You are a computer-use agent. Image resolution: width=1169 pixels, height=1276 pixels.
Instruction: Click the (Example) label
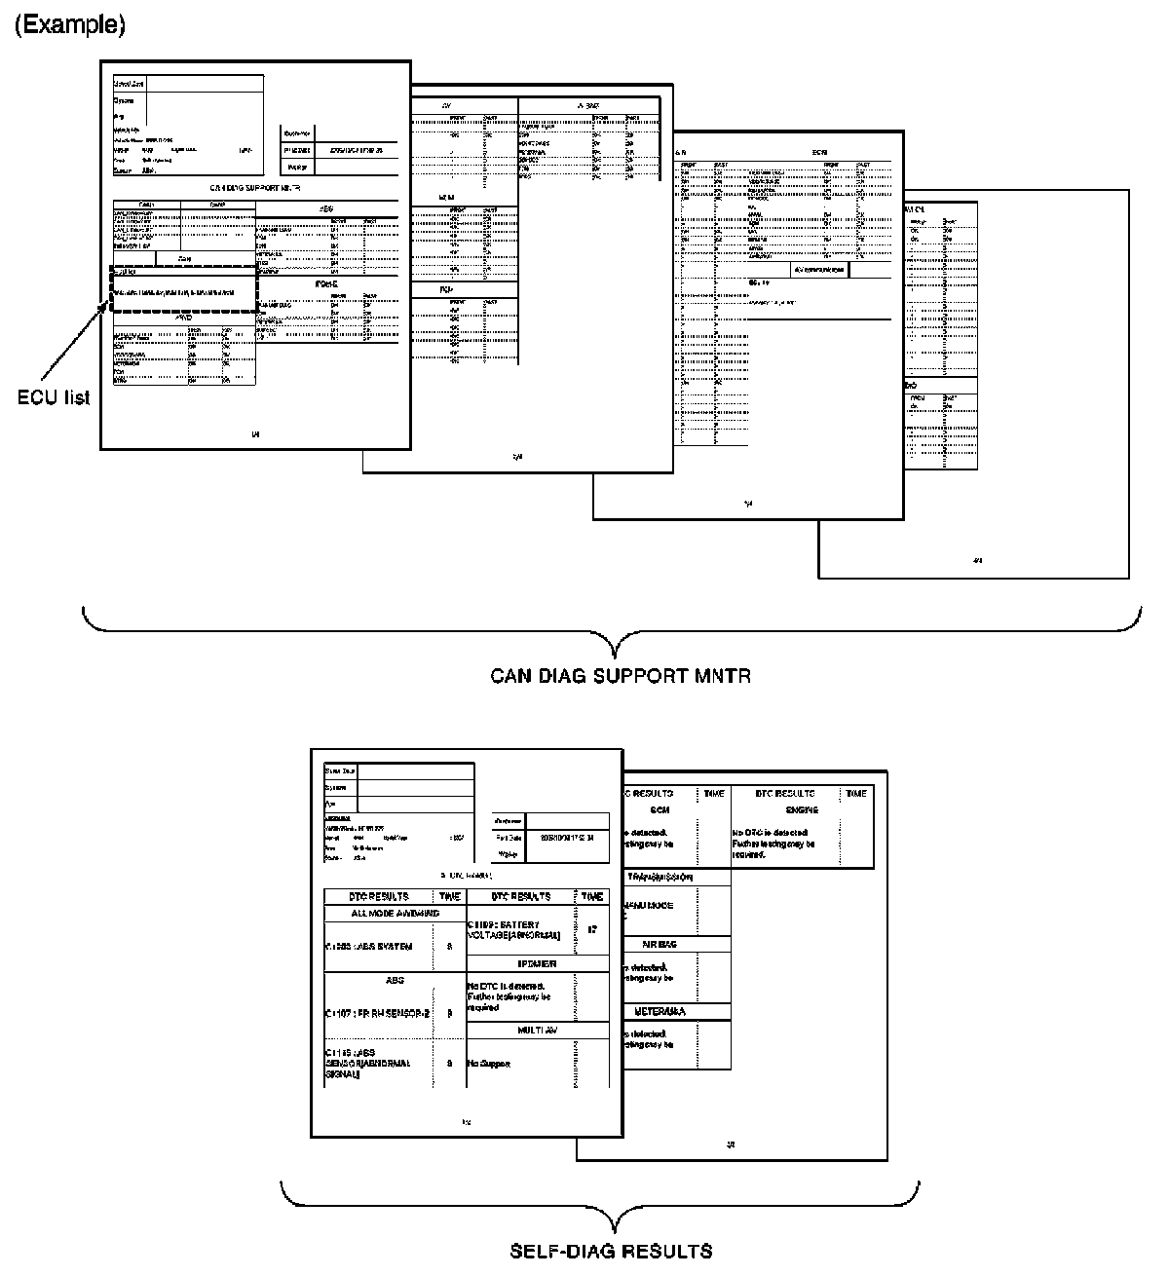(x=69, y=26)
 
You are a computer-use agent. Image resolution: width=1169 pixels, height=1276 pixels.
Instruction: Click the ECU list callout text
(x=56, y=397)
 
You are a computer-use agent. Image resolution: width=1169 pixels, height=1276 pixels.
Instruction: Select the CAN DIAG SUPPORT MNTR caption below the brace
(x=621, y=675)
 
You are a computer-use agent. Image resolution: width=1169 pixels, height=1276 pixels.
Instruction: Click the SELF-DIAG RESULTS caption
(x=611, y=1251)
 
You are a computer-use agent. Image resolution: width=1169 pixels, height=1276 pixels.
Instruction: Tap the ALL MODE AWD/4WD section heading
(x=395, y=914)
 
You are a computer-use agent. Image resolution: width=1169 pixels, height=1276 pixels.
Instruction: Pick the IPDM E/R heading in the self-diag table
(x=537, y=964)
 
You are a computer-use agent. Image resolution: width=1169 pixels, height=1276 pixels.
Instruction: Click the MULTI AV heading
(x=537, y=1029)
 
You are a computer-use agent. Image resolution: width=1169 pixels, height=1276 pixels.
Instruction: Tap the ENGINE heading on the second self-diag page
(x=801, y=809)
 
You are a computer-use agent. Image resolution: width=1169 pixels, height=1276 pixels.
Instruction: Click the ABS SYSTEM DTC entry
(x=369, y=947)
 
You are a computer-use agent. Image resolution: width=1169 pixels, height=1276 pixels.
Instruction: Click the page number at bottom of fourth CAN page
(x=978, y=561)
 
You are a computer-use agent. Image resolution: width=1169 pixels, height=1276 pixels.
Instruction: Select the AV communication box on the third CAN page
(x=819, y=269)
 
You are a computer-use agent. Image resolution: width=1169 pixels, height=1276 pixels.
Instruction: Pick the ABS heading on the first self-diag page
(x=395, y=980)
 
